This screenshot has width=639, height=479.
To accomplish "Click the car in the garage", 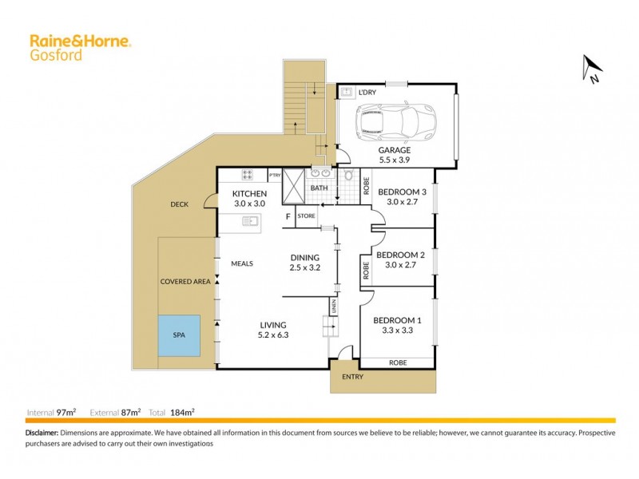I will click(396, 120).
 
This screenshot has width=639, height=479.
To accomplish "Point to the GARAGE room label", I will click(395, 149).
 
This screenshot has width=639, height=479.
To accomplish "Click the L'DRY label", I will click(367, 93).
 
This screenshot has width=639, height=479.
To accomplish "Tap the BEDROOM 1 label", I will click(396, 320).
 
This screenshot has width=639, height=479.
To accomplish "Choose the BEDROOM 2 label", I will click(399, 255).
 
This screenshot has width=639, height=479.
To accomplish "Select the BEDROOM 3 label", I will click(402, 192).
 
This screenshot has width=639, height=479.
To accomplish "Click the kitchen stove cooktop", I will click(248, 175).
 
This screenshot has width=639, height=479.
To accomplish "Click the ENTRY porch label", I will click(351, 376).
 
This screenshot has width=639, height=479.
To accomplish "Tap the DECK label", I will click(179, 204).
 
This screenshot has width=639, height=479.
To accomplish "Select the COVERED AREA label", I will click(185, 282).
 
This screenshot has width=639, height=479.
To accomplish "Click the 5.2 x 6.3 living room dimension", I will click(272, 335).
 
